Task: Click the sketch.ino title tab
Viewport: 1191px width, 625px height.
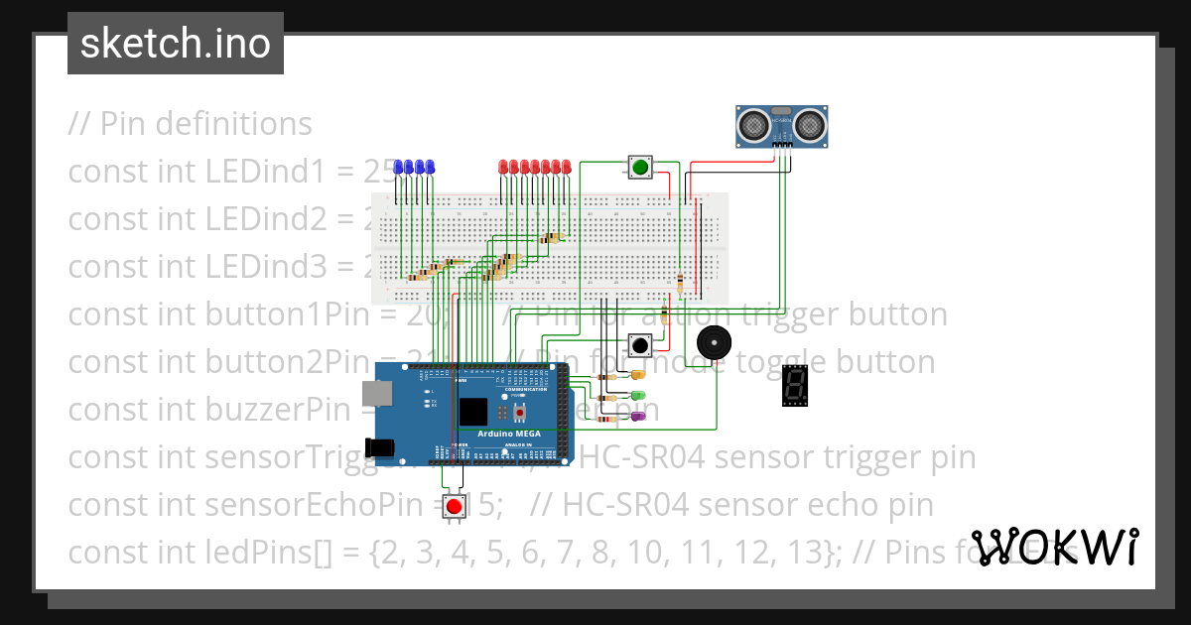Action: (176, 44)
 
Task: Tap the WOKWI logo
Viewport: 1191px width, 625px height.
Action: (1053, 547)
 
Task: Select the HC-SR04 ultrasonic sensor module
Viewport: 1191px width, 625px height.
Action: (782, 125)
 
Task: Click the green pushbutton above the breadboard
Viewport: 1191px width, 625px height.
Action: (640, 168)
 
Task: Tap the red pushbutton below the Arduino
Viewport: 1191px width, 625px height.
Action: (455, 507)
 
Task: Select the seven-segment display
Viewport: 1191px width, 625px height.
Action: (794, 386)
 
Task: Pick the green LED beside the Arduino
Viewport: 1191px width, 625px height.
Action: (636, 396)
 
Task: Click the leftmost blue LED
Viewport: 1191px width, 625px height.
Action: (399, 168)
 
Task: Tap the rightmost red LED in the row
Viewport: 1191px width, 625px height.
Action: (567, 168)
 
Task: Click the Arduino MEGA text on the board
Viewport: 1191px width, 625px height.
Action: (508, 433)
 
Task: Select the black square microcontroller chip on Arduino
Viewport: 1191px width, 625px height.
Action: (473, 412)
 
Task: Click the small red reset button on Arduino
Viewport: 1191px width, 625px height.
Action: (517, 411)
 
